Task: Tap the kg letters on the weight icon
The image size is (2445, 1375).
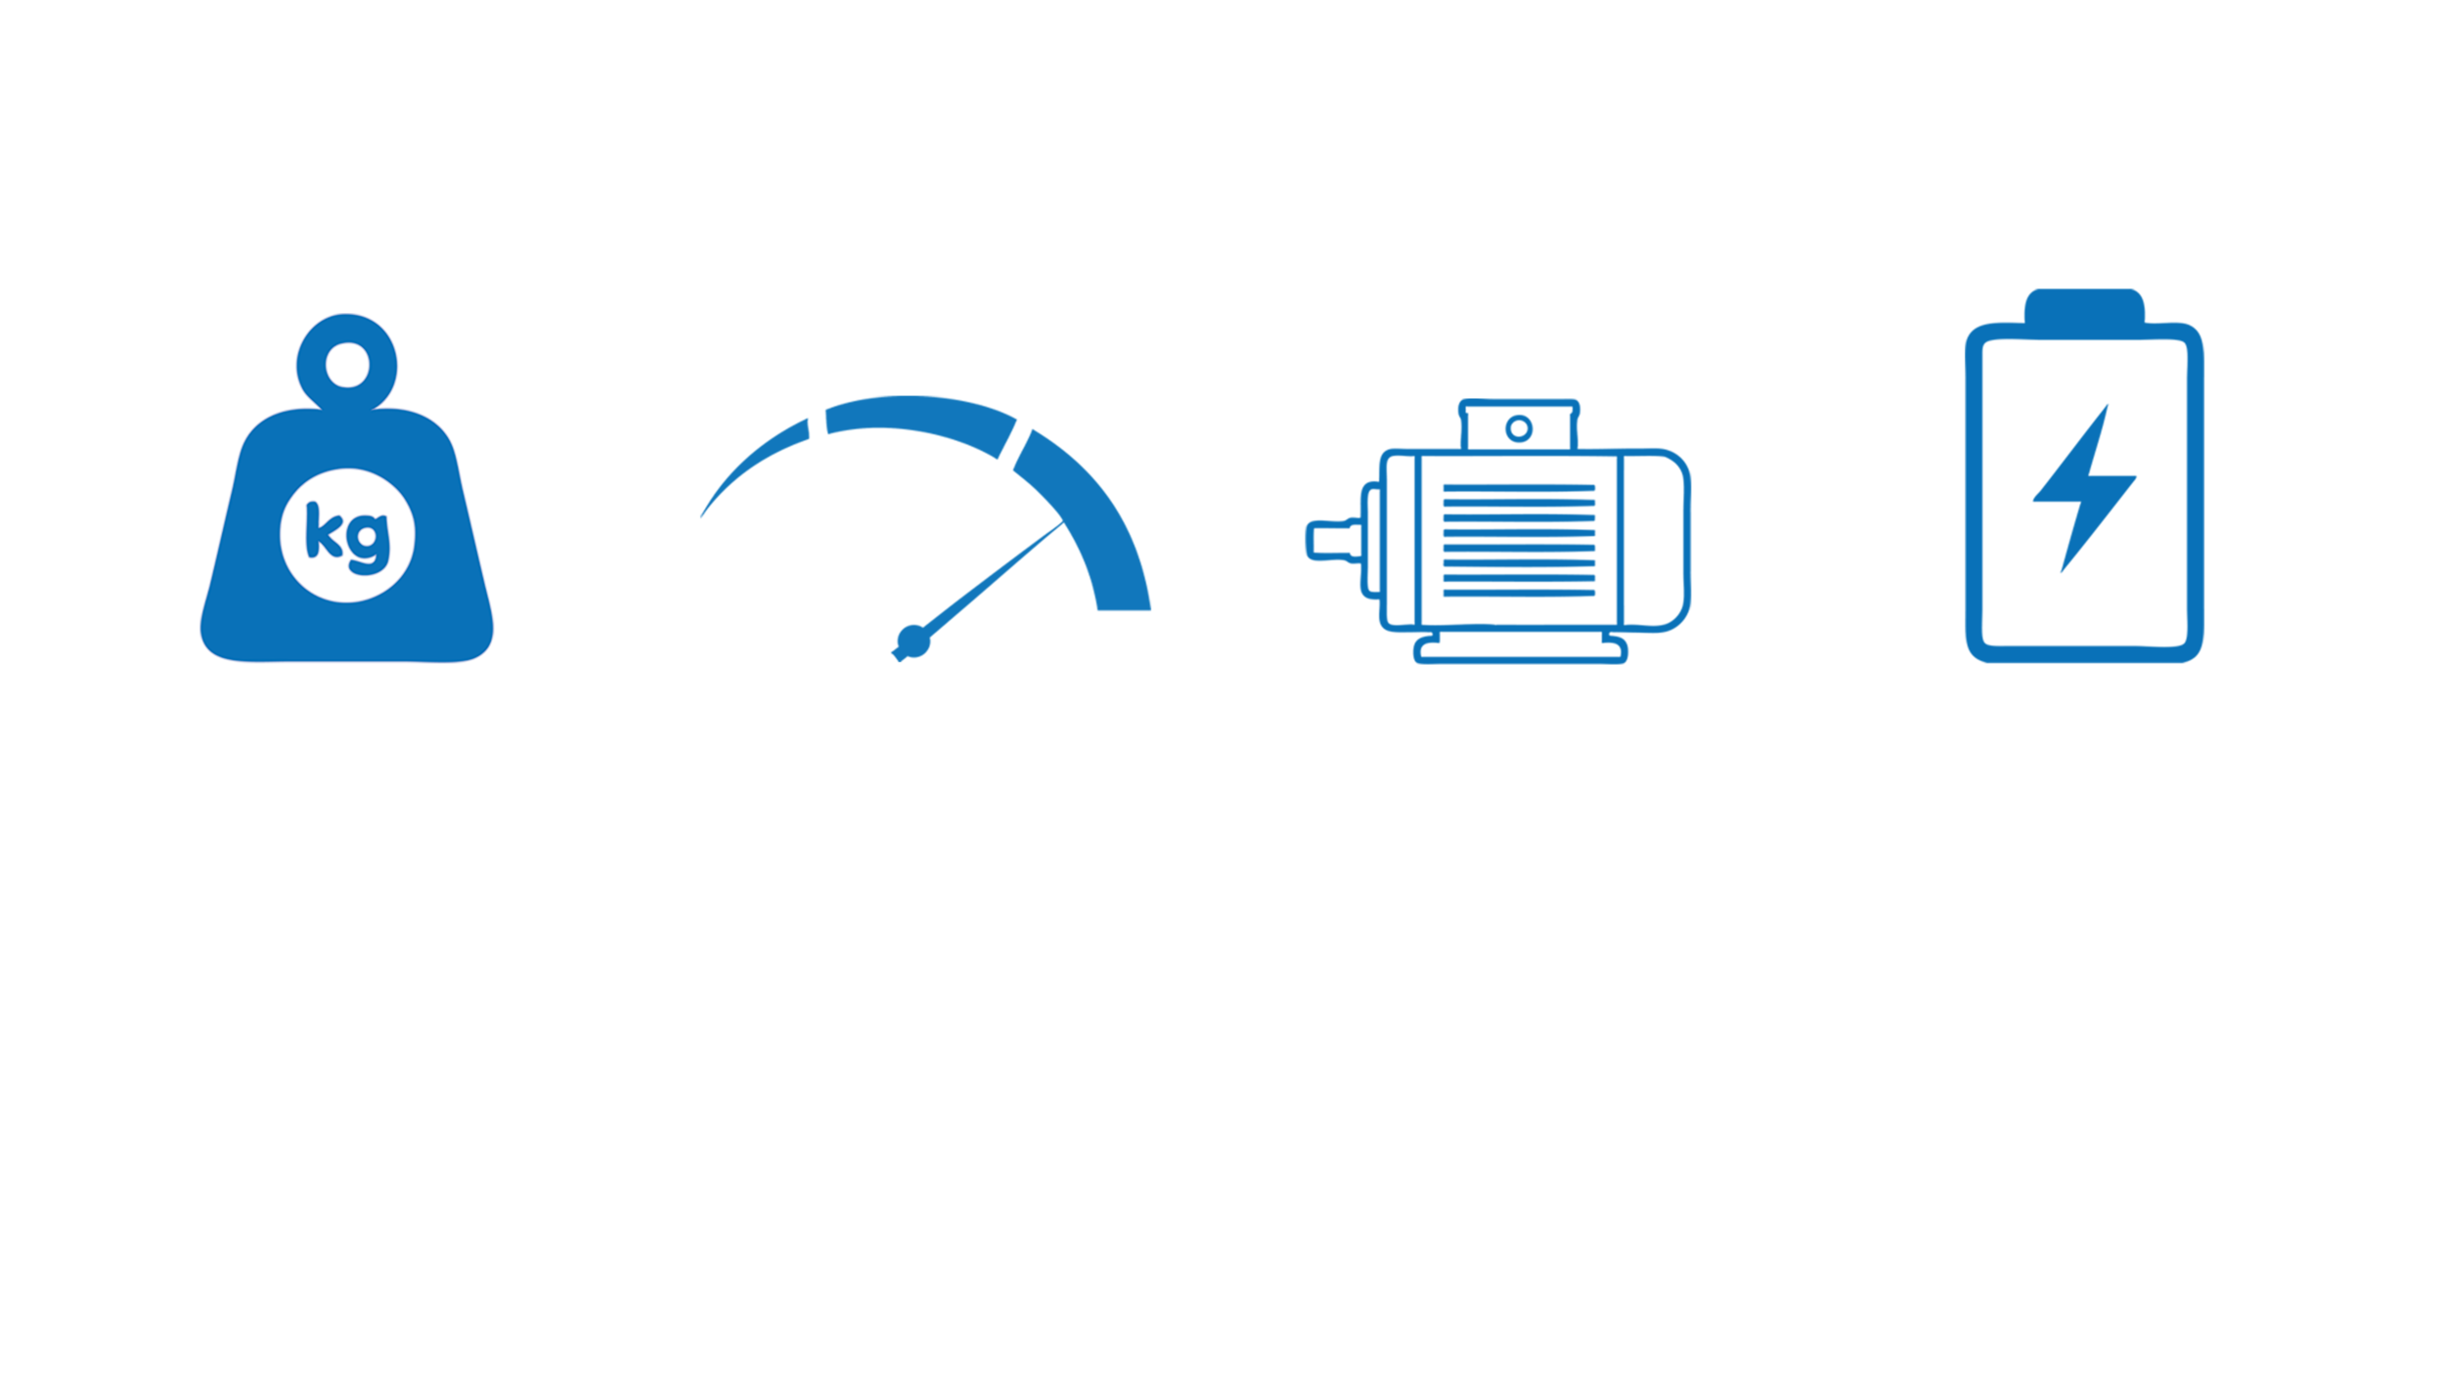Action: click(x=347, y=535)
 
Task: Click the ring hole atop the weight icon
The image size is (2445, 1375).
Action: click(x=347, y=366)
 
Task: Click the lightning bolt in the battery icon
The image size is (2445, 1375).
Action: click(x=2083, y=489)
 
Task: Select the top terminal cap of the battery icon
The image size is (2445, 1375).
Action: click(x=2084, y=303)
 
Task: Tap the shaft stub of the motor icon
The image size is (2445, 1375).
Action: click(x=1330, y=540)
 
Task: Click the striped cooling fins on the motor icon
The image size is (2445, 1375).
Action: click(x=1518, y=540)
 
